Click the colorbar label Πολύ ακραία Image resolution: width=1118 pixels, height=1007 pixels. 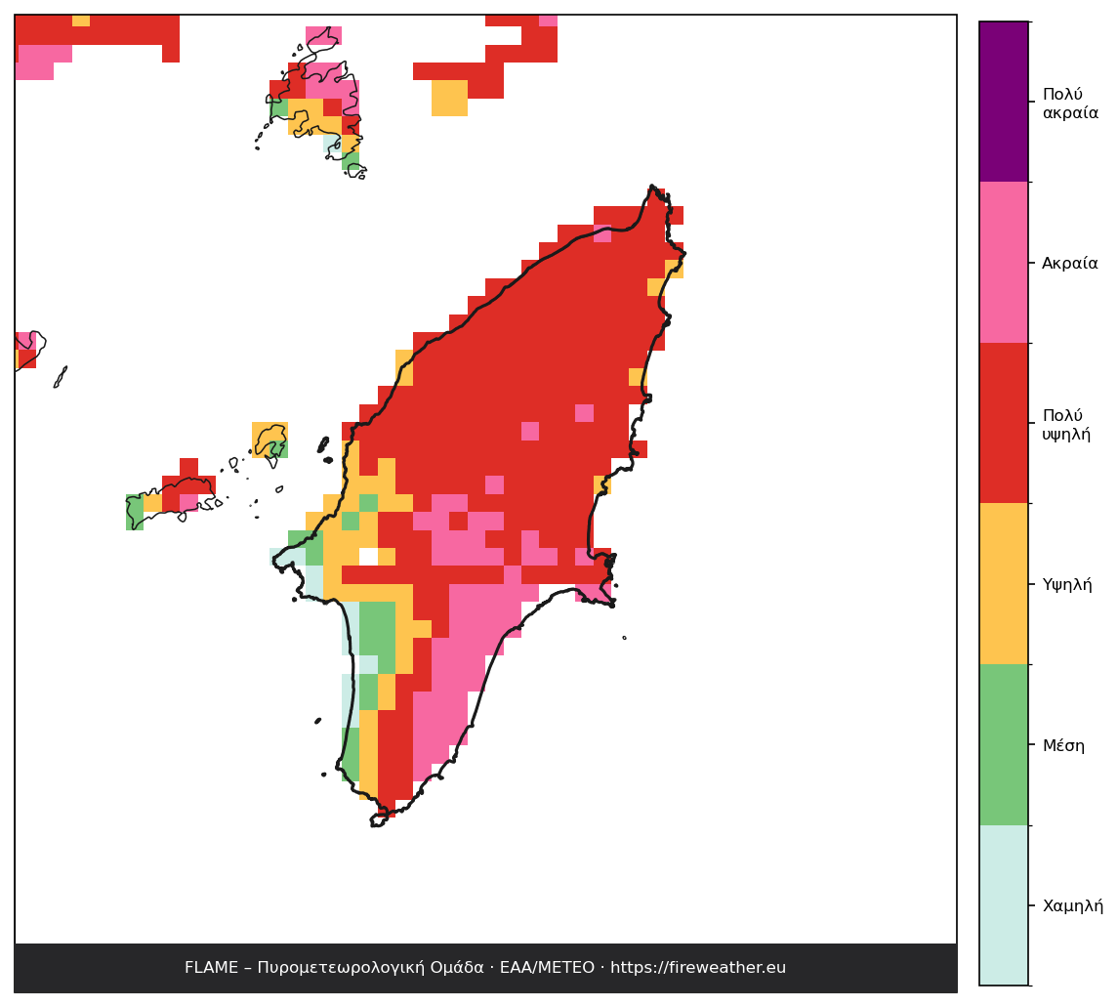click(x=1070, y=104)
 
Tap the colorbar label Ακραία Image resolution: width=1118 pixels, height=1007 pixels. click(x=1069, y=263)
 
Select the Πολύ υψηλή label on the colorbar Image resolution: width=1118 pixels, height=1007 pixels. click(x=1066, y=424)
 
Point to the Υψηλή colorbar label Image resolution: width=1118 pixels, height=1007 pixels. click(x=1066, y=585)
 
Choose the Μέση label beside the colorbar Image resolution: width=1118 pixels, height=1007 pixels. click(x=1063, y=745)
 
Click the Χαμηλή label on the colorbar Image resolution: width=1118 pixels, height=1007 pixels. click(x=1072, y=905)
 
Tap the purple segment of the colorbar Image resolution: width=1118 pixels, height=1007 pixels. click(x=1004, y=102)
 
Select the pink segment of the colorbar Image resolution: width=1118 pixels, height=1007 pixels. click(x=1004, y=263)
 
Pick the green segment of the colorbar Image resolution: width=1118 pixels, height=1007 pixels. click(x=1004, y=744)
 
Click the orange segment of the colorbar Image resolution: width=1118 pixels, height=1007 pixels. click(x=1004, y=583)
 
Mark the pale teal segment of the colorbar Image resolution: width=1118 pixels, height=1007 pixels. click(x=1004, y=905)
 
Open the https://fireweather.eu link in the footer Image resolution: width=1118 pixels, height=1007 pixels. click(x=698, y=968)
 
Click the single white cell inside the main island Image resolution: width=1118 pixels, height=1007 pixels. click(x=369, y=557)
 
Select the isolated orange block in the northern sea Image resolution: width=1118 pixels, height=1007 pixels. click(x=450, y=98)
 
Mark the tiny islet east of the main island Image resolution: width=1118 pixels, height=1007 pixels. click(x=624, y=638)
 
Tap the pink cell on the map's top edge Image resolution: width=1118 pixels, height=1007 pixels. click(x=548, y=20)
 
